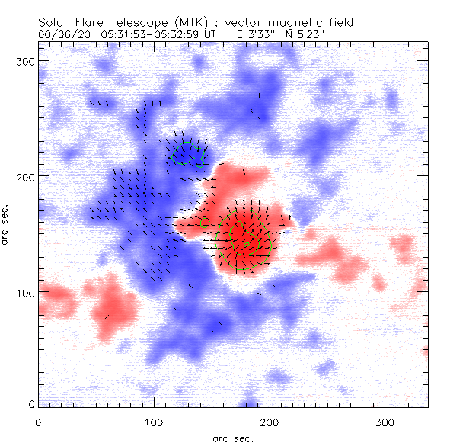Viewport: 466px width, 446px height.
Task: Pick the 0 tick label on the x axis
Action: click(x=38, y=422)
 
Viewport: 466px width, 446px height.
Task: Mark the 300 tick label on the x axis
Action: click(x=385, y=422)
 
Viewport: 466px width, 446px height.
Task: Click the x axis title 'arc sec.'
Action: click(x=232, y=438)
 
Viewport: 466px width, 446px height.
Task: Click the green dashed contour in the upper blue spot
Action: click(x=184, y=153)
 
